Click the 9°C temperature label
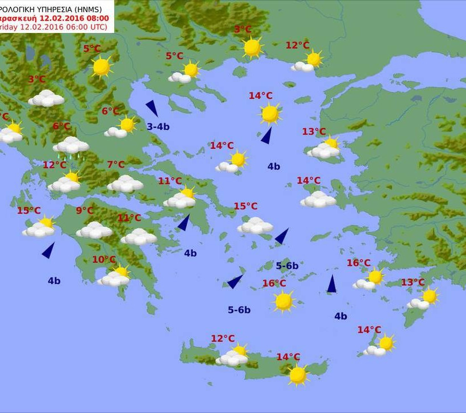pos(85,211)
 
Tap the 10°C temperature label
pos(103,260)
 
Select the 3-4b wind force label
pos(158,127)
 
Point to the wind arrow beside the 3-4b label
pos(152,108)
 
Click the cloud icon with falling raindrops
pos(71,147)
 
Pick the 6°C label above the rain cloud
pos(61,126)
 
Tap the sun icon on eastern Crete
pos(297,374)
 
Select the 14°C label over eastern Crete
pos(288,357)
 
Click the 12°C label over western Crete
pos(223,339)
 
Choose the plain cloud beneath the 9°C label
pos(94,230)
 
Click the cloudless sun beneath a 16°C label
pos(283,301)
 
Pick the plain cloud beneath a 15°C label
pos(255,226)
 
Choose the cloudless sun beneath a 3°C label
pos(252,47)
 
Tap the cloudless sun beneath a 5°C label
pos(101,66)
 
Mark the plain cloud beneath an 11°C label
pos(138,236)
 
